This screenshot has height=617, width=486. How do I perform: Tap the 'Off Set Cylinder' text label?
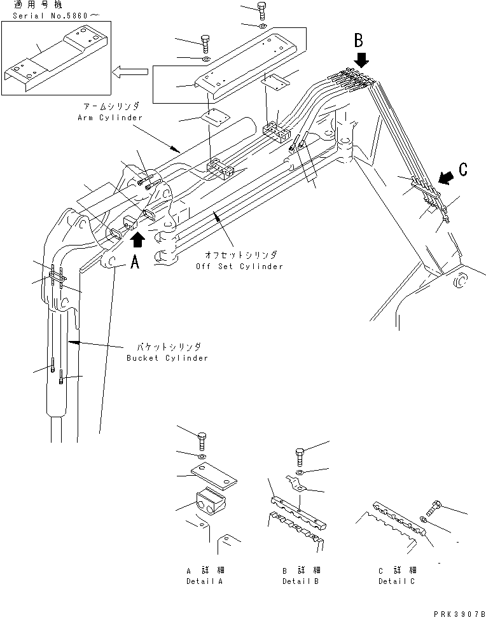point(239,267)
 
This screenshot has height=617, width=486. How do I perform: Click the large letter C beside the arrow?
point(463,169)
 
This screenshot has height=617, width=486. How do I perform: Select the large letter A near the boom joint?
point(135,262)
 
